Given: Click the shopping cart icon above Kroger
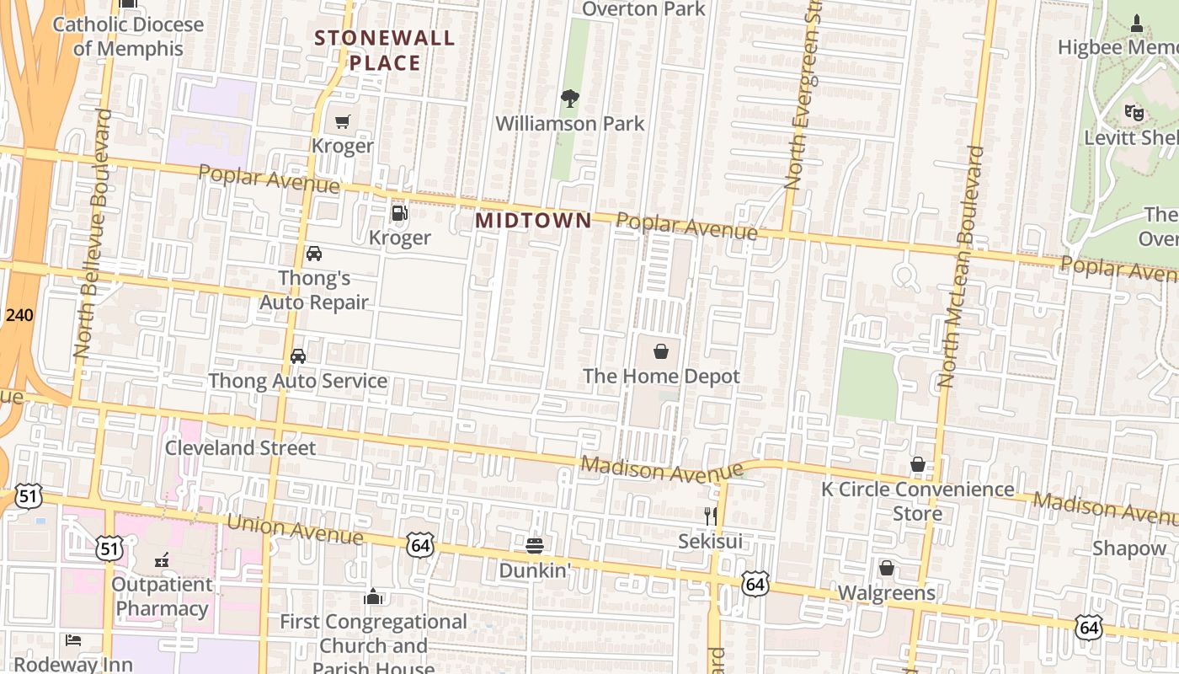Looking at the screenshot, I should point(342,122).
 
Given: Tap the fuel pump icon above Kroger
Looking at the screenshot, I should point(399,213).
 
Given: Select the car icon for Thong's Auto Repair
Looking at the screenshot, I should point(313,254).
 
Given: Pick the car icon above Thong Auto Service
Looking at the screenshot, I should point(298,356).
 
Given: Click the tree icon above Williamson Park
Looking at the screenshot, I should point(570,99).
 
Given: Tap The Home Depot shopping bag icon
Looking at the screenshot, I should point(661,350).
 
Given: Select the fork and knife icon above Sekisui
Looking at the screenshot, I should point(711,516).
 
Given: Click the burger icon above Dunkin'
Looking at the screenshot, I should point(534,545).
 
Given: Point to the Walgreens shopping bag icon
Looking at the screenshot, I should point(886,569).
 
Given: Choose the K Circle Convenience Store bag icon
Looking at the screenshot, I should point(917,464).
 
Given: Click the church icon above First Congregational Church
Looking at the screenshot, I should point(373,597).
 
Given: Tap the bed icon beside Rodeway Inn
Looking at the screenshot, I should point(73,640).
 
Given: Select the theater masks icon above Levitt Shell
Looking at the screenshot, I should point(1134,111).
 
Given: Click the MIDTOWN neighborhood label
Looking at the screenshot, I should point(533,220).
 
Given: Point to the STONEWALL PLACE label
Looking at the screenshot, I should point(384,51).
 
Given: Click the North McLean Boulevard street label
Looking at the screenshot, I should point(960,266).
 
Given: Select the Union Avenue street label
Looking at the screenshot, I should point(295,529).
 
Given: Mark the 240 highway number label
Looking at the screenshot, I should point(19,315).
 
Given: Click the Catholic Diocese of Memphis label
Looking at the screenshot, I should point(128,36).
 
